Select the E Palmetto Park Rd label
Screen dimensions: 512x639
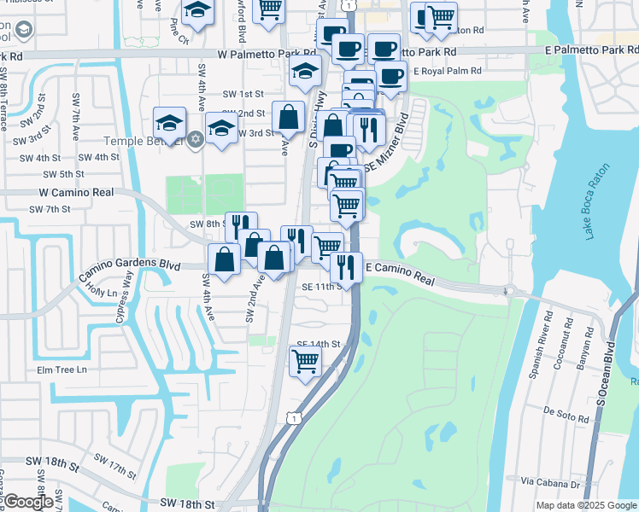[x=590, y=50]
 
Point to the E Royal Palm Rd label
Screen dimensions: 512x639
[x=447, y=72]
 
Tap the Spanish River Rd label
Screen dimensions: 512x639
[x=546, y=334]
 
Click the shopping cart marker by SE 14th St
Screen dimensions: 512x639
[x=305, y=361]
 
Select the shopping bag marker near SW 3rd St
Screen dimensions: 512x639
[x=289, y=118]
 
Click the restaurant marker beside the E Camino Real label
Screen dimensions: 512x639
[x=346, y=266]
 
